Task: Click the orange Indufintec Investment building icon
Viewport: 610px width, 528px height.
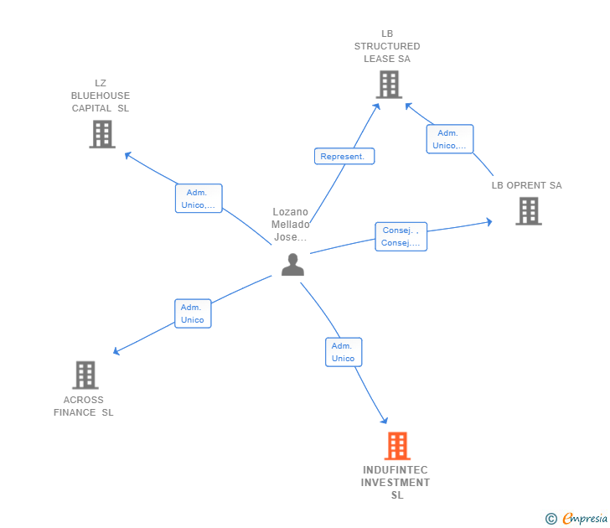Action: tap(397, 446)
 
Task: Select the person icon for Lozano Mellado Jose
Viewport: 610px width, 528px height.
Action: tap(292, 265)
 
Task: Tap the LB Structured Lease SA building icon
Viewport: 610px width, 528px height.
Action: tap(389, 85)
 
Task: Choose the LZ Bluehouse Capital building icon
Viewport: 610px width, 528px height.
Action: tap(101, 134)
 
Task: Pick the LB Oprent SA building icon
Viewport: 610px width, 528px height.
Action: tap(528, 211)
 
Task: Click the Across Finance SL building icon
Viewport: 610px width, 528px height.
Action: tap(85, 375)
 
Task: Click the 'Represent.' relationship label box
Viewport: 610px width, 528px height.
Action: tap(344, 156)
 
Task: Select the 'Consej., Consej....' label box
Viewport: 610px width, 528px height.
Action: tap(401, 237)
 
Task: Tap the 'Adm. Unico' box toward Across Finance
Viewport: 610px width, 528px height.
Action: tap(192, 313)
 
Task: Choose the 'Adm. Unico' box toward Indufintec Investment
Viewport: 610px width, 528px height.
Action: tap(343, 352)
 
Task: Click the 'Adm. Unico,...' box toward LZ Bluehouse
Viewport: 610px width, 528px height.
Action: tap(199, 199)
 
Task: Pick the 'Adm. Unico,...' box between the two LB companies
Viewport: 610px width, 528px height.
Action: tap(449, 139)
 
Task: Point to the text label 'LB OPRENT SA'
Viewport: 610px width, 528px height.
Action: tap(526, 185)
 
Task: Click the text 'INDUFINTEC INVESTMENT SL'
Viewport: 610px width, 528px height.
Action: tap(396, 483)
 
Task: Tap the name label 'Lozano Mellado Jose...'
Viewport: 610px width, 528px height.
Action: tap(291, 225)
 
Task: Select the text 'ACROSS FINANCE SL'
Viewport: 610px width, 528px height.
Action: tap(84, 406)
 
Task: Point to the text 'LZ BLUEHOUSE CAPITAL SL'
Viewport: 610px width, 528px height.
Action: tap(101, 96)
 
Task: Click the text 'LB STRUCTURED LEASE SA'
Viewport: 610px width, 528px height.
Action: tap(387, 46)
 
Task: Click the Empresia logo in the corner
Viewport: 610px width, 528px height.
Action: tap(584, 519)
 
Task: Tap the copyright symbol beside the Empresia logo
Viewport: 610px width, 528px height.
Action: tap(551, 520)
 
